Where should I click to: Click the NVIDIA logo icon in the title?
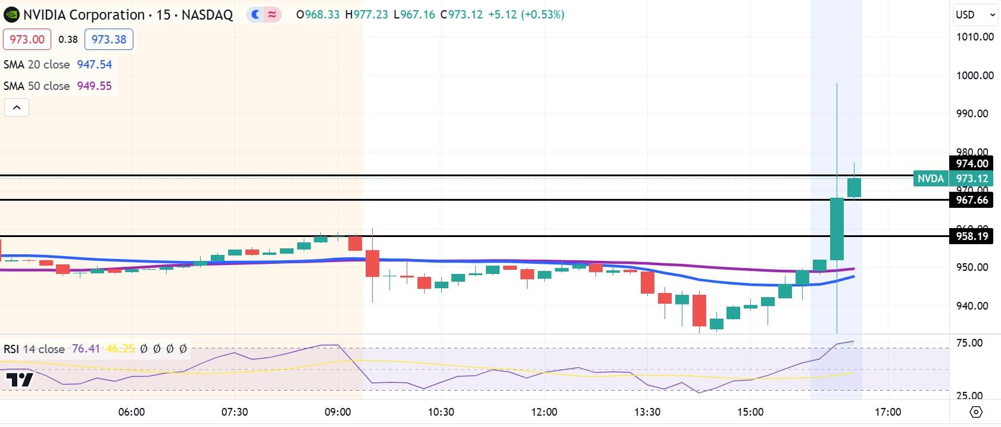(x=11, y=15)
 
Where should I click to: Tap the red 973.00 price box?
(x=27, y=39)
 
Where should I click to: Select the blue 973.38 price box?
(x=109, y=39)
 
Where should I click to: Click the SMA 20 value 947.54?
(x=94, y=64)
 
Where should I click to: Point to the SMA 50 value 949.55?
(x=94, y=86)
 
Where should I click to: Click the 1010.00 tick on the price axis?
(x=975, y=37)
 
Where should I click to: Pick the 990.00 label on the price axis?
(x=972, y=114)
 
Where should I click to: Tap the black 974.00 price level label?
(x=972, y=164)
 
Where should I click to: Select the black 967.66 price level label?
(x=972, y=200)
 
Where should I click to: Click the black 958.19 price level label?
(x=972, y=236)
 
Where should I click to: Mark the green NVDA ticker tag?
(x=930, y=179)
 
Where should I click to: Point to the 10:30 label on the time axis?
(x=441, y=412)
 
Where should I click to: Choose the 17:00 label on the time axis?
(x=888, y=412)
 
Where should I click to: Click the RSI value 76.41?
(x=86, y=349)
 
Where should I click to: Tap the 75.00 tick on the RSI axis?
(x=969, y=343)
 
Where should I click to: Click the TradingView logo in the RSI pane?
(x=20, y=380)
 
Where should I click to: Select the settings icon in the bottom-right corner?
(x=975, y=412)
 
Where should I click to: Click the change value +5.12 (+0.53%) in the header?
(x=526, y=15)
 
